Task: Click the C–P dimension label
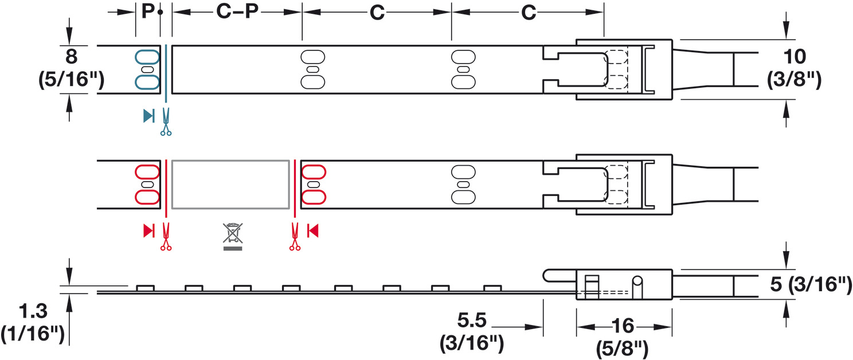point(237,12)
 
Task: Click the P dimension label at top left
point(148,11)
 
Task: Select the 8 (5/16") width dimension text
point(71,68)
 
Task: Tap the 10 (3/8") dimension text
point(794,68)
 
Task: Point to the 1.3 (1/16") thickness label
point(33,322)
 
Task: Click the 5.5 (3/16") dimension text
point(472,331)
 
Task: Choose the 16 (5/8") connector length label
point(622,336)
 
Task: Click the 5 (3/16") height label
point(811,284)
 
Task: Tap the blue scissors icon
point(166,122)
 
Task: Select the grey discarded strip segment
point(230,185)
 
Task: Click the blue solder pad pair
point(147,70)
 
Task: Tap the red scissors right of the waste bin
point(295,237)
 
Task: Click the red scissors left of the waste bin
point(166,237)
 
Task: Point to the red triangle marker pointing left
point(312,230)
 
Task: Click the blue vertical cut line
point(166,73)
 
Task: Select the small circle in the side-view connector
point(637,281)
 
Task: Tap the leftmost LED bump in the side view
point(146,288)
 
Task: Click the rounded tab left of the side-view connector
point(559,276)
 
